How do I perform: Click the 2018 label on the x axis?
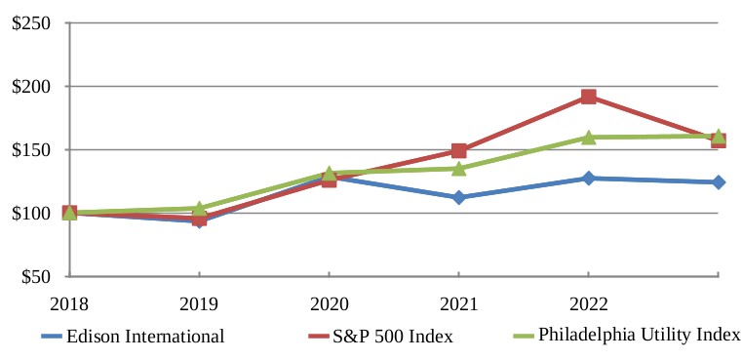click(69, 304)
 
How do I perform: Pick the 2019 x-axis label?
click(199, 304)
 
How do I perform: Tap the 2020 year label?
click(329, 304)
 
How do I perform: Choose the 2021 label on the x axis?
click(458, 304)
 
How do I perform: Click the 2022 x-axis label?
click(588, 304)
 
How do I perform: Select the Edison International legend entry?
click(133, 337)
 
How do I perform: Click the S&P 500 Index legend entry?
click(380, 337)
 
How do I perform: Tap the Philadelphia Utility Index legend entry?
click(627, 336)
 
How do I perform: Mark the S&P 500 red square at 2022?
click(588, 98)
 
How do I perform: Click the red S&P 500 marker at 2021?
click(458, 151)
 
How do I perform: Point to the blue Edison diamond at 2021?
click(458, 197)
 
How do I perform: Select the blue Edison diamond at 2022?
click(588, 179)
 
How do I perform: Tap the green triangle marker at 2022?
click(588, 138)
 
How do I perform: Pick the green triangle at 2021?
click(458, 168)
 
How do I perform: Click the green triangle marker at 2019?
click(199, 208)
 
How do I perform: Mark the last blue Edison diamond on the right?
click(719, 181)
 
